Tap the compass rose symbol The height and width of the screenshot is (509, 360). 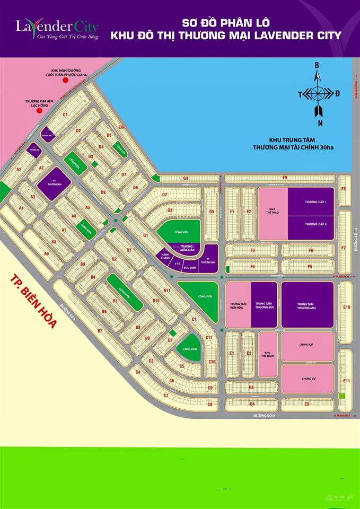pyautogui.click(x=318, y=94)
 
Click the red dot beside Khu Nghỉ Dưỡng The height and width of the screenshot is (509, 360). pyautogui.click(x=65, y=81)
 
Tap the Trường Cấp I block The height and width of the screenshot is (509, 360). pyautogui.click(x=311, y=203)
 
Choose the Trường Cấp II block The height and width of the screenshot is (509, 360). pyautogui.click(x=311, y=225)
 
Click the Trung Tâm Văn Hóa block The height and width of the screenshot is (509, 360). pyautogui.click(x=238, y=304)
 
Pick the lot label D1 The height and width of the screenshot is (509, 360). pyautogui.click(x=65, y=115)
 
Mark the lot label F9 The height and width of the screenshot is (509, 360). pyautogui.click(x=285, y=178)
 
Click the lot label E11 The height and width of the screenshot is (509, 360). pyautogui.click(x=347, y=381)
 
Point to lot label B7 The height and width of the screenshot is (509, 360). pyautogui.click(x=100, y=331)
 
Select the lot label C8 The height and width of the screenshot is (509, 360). pyautogui.click(x=210, y=405)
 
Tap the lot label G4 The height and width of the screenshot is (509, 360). pyautogui.click(x=186, y=179)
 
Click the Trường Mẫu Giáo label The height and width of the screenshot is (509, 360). pyautogui.click(x=187, y=249)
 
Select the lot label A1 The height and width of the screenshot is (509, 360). pyautogui.click(x=19, y=170)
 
